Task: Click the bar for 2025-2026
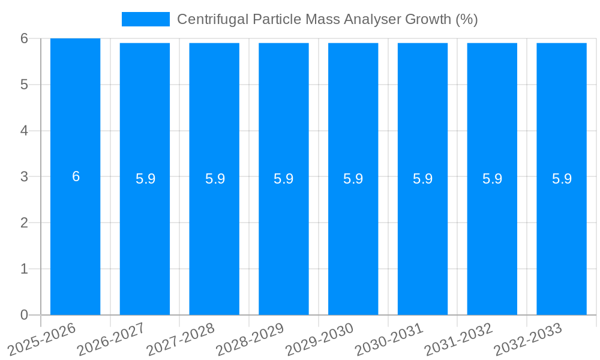tap(75, 240)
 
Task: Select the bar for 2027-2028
tap(214, 240)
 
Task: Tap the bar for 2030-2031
tap(422, 240)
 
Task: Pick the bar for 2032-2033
tap(562, 240)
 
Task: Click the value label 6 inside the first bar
tap(76, 176)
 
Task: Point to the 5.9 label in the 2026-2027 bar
tap(145, 179)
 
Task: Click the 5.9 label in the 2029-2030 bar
tap(353, 179)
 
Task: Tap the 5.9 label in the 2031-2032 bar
tap(492, 179)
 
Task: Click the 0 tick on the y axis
tap(24, 315)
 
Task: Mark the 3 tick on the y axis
tap(24, 176)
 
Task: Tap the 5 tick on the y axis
tap(24, 85)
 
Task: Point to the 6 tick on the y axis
tap(24, 38)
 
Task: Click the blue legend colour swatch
tap(145, 19)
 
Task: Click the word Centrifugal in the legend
tap(208, 19)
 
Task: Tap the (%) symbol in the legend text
tap(466, 19)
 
